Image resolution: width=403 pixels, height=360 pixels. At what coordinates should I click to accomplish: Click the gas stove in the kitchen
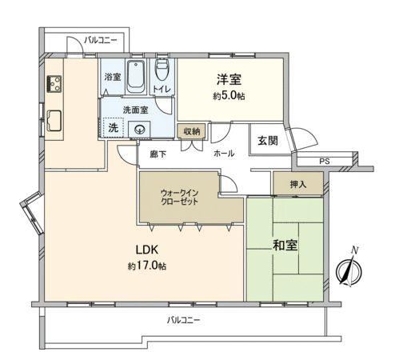54,84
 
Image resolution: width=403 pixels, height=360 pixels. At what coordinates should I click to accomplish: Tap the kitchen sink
54,121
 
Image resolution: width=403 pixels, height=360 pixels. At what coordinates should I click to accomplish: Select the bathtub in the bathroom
136,77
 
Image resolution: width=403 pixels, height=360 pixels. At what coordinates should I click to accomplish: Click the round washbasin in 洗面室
139,130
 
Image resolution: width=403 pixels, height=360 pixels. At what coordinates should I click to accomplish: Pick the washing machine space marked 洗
113,128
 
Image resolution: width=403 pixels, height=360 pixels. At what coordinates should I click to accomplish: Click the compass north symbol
349,270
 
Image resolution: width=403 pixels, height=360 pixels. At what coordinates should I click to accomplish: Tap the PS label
325,161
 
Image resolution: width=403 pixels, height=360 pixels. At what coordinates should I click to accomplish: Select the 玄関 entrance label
268,141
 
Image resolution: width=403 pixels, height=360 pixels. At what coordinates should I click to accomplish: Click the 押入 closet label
298,184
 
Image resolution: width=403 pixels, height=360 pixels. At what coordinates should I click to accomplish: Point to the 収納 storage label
192,131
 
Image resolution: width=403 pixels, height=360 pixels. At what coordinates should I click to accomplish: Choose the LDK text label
147,250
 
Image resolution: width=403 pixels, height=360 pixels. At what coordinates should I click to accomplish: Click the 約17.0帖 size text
147,266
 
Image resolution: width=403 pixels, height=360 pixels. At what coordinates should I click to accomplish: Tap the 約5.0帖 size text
229,96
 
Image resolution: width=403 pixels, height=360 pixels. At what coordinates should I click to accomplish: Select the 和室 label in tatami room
285,245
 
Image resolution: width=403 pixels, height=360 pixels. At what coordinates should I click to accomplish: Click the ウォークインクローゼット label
179,197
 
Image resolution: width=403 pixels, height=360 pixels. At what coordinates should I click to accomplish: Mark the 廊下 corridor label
158,154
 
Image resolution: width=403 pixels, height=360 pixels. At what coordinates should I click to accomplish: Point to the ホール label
224,154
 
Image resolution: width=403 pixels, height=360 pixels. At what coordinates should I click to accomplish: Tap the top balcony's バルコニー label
101,41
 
